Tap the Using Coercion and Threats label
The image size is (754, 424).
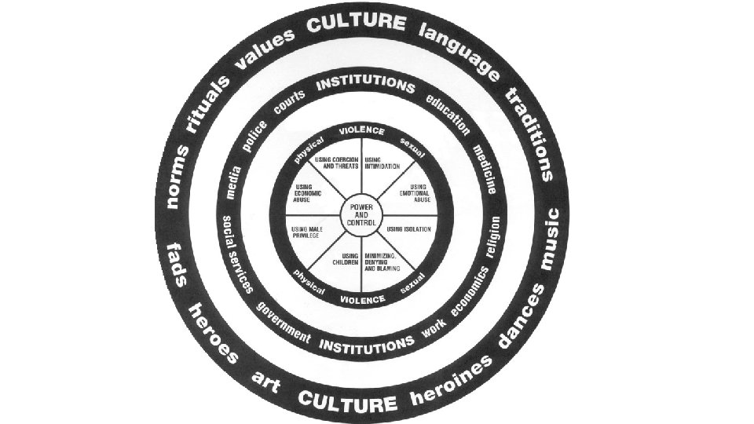[x=336, y=163]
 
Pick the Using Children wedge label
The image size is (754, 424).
[x=350, y=259]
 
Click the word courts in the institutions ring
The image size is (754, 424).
[x=289, y=105]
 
